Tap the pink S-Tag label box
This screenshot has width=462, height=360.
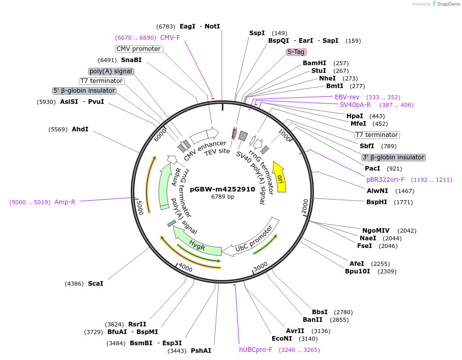[x=297, y=52]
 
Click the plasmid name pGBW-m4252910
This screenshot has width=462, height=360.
[x=222, y=189]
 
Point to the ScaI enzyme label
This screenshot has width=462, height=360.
[x=95, y=283]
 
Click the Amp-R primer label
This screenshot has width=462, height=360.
[x=65, y=202]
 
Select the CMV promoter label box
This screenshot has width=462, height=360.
[x=139, y=49]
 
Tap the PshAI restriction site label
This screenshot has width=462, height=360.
[x=201, y=351]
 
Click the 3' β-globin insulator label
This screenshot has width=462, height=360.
[x=393, y=157]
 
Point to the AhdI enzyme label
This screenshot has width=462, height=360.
[x=80, y=129]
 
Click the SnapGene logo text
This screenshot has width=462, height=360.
[x=446, y=4]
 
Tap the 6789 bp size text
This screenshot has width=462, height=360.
[x=222, y=197]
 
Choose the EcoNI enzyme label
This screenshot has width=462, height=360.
[x=282, y=339]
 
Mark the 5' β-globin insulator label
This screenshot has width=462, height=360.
[x=84, y=91]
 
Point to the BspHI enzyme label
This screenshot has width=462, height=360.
[x=377, y=202]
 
